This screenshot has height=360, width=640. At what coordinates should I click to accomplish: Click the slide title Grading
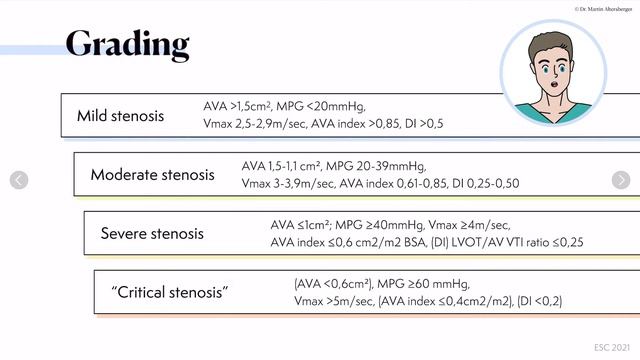(127, 44)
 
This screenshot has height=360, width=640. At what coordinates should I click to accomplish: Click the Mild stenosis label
(121, 116)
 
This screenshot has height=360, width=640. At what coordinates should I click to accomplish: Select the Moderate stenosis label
(152, 175)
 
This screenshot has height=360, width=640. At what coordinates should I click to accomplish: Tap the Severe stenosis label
(152, 234)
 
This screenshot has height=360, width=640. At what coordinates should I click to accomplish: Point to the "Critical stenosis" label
(170, 293)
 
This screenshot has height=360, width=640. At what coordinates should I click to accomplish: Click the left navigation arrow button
(18, 180)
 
